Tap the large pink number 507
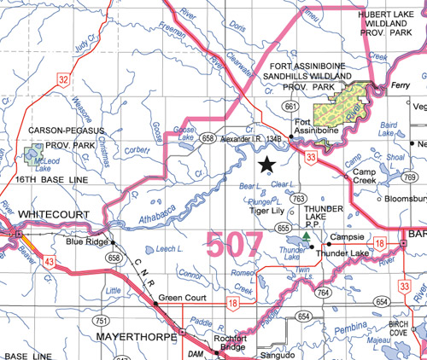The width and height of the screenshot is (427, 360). pos(233,244)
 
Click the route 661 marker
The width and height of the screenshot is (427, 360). pos(290,107)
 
